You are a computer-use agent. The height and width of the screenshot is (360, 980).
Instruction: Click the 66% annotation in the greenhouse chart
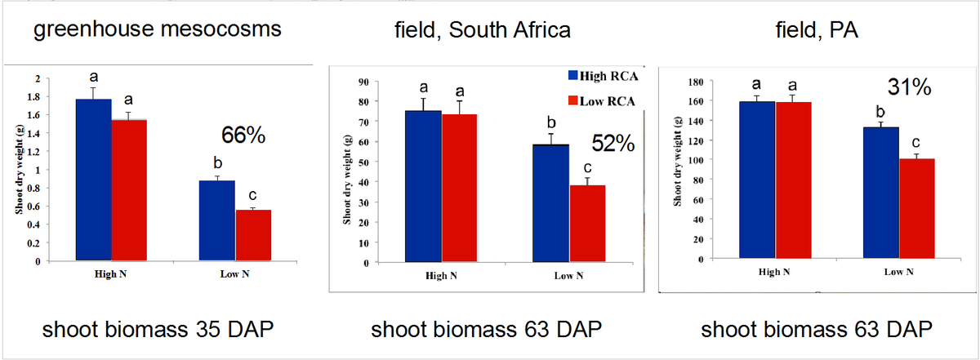[x=243, y=136]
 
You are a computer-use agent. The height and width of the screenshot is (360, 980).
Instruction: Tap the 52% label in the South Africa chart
[x=612, y=144]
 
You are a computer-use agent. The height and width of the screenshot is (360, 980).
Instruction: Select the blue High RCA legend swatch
[x=573, y=76]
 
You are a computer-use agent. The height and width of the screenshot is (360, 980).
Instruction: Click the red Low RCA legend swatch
[x=573, y=101]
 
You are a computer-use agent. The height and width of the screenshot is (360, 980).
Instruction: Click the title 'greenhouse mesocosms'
[x=158, y=31]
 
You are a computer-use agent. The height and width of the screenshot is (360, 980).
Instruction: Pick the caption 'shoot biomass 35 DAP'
[x=158, y=330]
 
